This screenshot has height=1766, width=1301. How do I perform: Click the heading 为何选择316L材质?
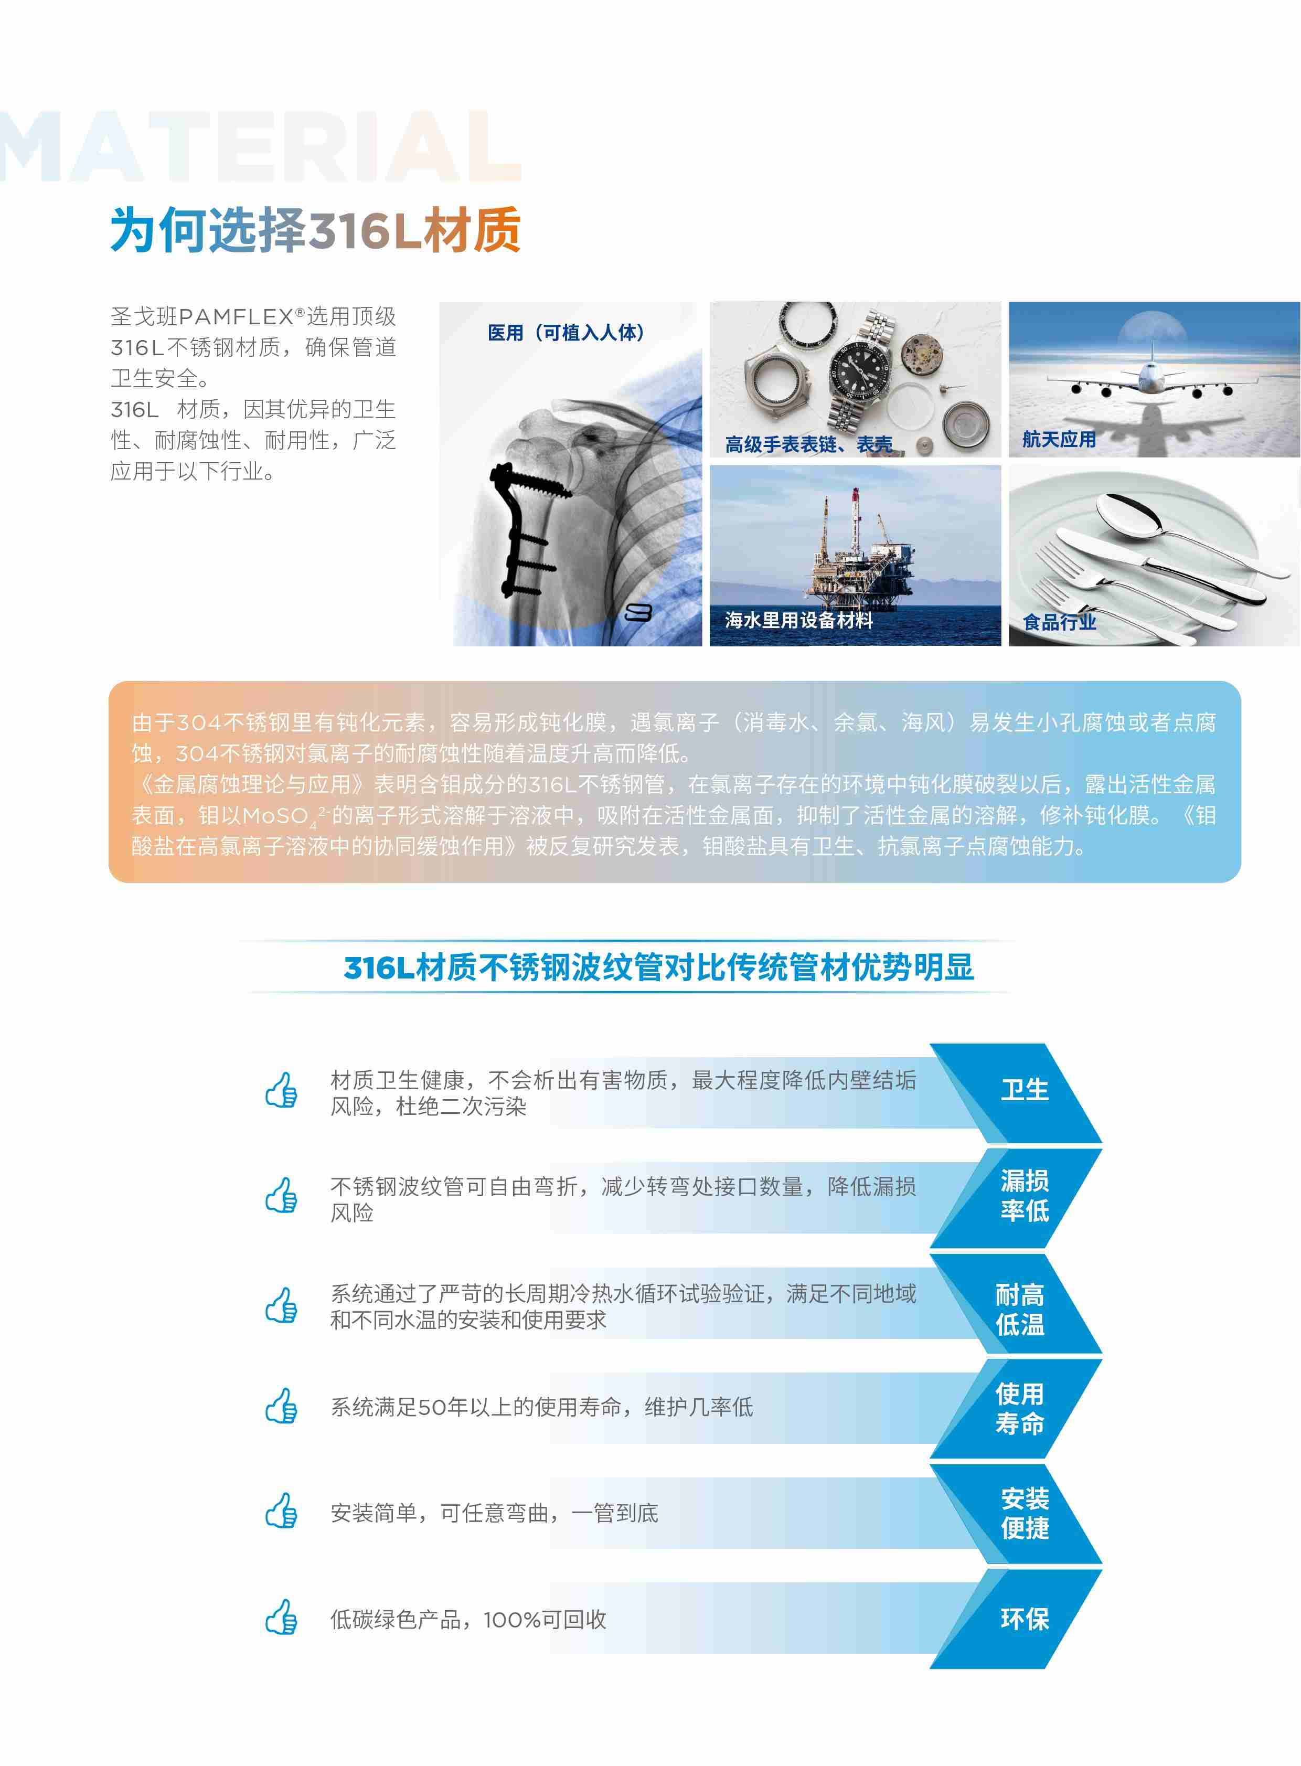coord(315,230)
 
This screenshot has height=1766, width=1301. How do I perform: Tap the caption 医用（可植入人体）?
coord(566,333)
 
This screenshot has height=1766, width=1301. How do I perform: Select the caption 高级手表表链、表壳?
coord(809,445)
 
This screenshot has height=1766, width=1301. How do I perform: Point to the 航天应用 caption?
coord(1059,440)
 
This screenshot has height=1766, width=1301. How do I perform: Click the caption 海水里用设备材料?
coord(798,620)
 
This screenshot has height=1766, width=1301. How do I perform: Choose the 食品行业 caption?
coord(1059,622)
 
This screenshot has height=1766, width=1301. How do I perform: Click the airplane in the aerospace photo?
coord(1150,378)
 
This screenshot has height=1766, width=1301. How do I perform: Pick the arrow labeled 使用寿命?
coord(1016,1408)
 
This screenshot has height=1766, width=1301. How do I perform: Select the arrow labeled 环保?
coord(1016,1619)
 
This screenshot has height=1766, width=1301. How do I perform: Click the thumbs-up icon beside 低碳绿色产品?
coord(281,1618)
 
